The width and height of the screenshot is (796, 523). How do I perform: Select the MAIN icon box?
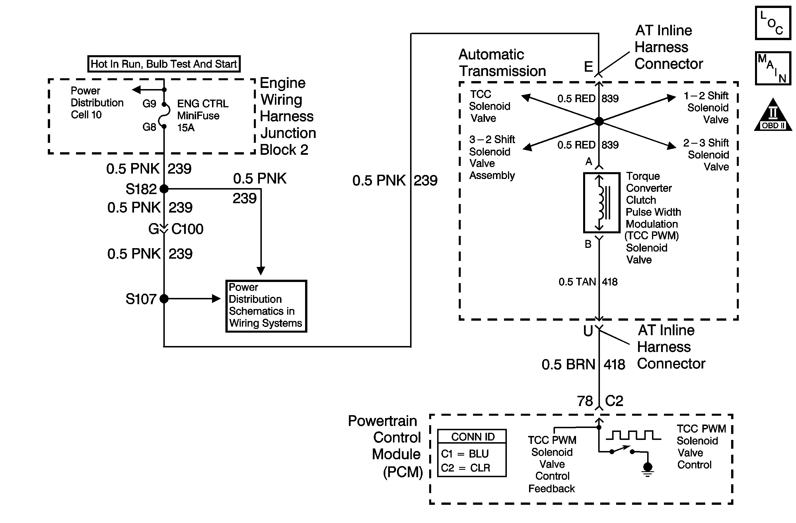click(x=773, y=68)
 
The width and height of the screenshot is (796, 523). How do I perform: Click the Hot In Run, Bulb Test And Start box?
click(x=164, y=64)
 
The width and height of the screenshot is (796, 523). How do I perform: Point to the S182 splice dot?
click(x=164, y=189)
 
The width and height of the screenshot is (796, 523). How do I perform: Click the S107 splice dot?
click(x=164, y=298)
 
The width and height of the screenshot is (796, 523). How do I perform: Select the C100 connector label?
click(x=187, y=229)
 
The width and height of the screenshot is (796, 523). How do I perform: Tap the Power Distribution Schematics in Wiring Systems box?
click(x=266, y=306)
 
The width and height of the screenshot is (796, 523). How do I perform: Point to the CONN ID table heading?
click(x=473, y=437)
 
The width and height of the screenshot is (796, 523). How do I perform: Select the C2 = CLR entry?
click(x=466, y=468)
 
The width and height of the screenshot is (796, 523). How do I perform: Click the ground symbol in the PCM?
click(x=647, y=470)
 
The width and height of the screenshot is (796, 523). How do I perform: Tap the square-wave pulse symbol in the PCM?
click(x=633, y=435)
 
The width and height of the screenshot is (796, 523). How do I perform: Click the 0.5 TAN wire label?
click(x=577, y=282)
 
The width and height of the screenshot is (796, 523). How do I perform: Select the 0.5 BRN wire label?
click(x=569, y=365)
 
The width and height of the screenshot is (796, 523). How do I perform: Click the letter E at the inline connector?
click(x=588, y=67)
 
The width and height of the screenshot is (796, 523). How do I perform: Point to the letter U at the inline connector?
click(x=588, y=331)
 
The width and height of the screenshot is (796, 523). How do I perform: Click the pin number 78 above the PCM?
click(x=585, y=401)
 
